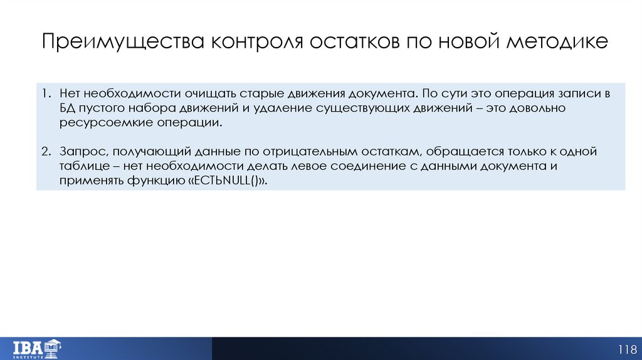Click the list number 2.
coord(46,152)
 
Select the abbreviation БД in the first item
coord(68,109)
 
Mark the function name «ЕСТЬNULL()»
coord(231,181)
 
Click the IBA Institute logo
coord(36,347)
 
